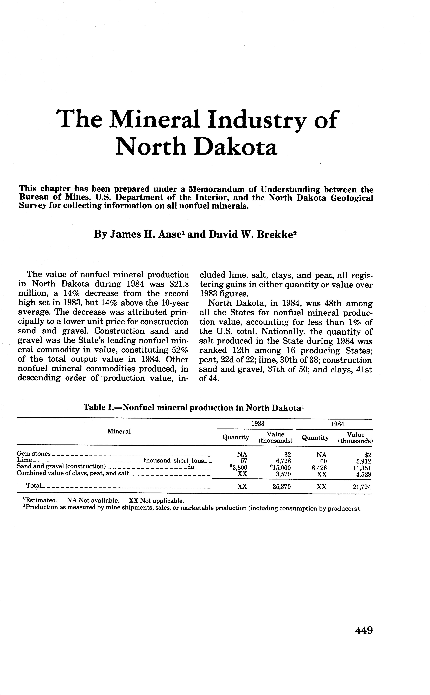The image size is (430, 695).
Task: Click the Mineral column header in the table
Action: point(119,431)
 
